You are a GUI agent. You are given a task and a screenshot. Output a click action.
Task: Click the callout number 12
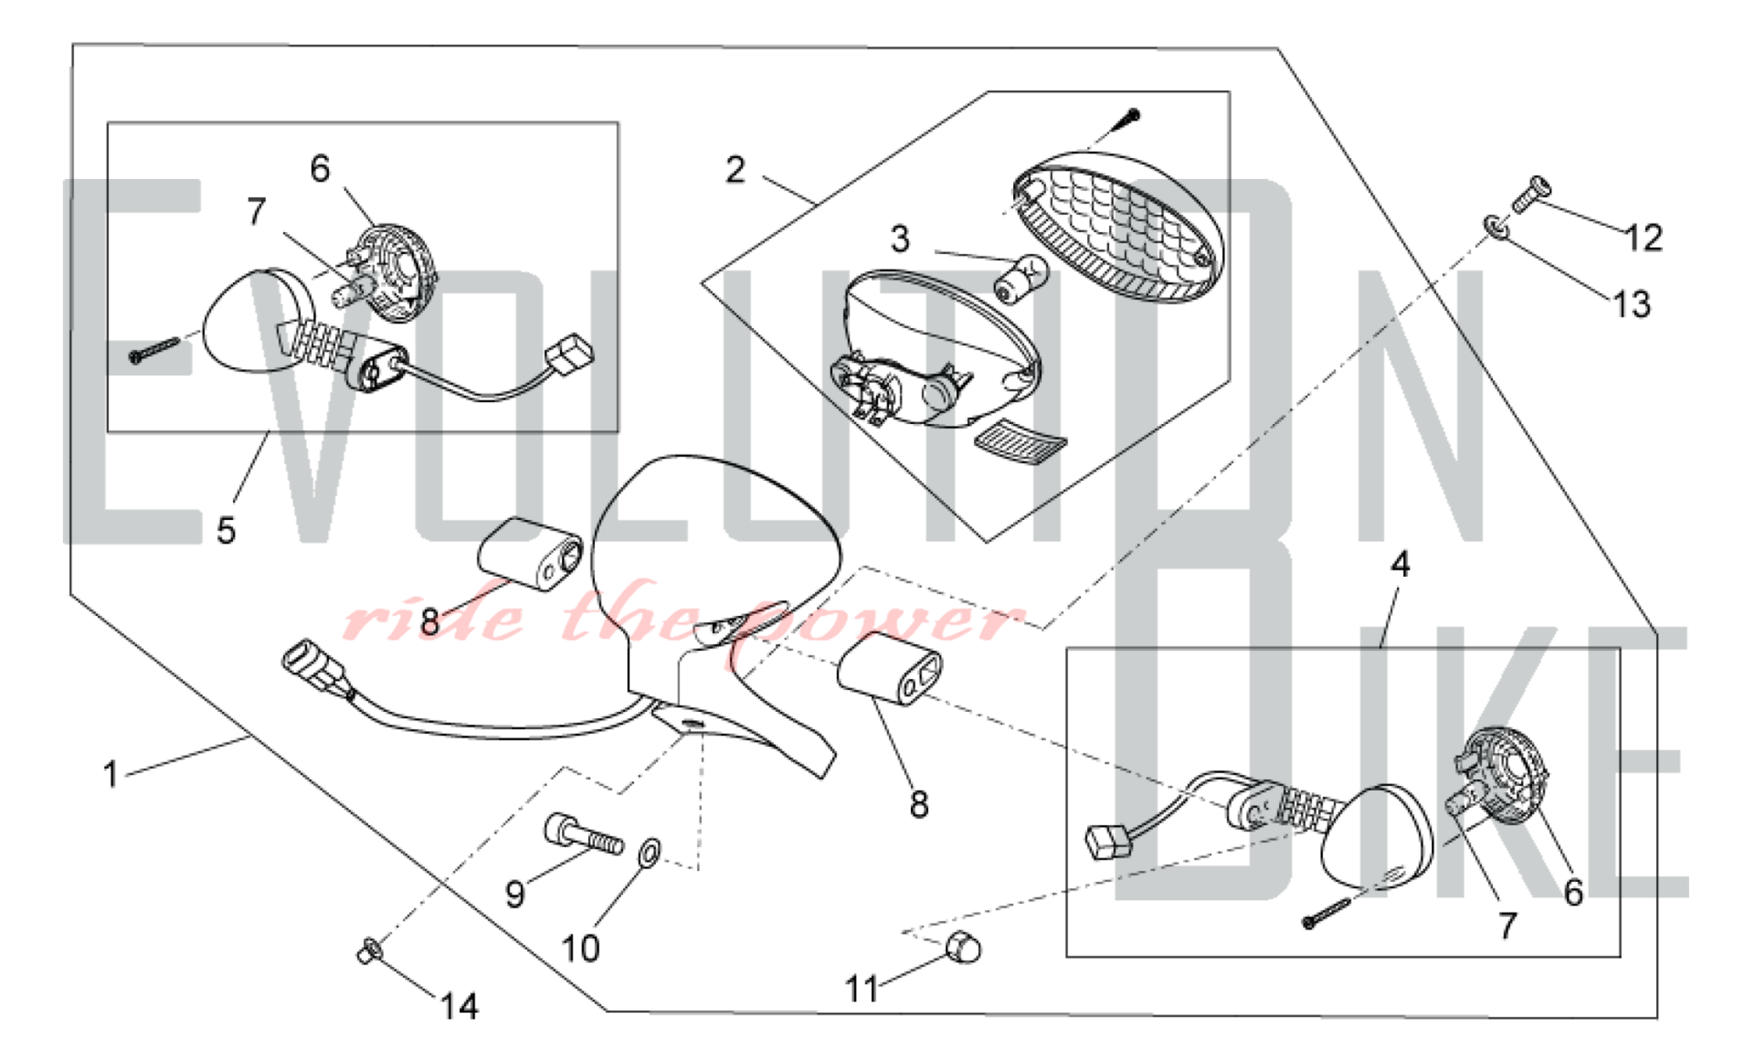click(1645, 237)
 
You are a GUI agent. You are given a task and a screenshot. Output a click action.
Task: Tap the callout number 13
click(1632, 304)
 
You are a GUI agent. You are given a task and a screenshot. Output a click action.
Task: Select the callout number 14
click(459, 1006)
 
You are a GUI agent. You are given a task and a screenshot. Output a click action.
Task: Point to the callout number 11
click(862, 989)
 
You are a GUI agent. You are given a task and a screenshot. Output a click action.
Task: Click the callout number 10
click(580, 948)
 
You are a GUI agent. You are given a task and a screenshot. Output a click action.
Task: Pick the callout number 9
click(515, 893)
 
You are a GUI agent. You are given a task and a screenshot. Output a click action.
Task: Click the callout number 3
click(900, 238)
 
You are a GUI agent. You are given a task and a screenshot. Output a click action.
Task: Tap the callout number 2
click(736, 169)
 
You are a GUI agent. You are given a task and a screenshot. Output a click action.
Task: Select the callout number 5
click(226, 530)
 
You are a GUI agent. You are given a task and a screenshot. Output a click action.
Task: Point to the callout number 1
click(111, 774)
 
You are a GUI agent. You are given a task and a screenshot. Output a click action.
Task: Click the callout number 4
click(1399, 565)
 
